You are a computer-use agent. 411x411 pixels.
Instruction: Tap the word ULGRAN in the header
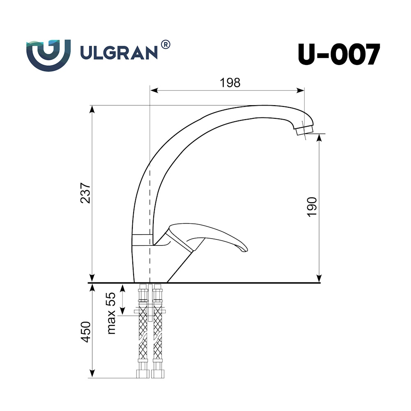tap(119, 53)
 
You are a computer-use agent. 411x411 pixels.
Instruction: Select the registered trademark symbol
tap(165, 44)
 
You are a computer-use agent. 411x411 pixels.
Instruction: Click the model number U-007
tap(339, 55)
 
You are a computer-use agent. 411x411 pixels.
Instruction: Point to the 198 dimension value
tap(230, 83)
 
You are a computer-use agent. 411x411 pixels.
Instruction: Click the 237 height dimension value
tap(85, 193)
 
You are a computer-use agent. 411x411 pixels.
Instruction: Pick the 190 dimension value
tap(312, 207)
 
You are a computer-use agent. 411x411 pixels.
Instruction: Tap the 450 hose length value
tap(85, 332)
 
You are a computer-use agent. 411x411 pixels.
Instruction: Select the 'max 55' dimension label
tap(111, 313)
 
